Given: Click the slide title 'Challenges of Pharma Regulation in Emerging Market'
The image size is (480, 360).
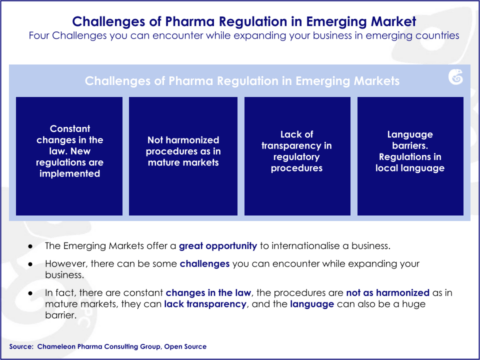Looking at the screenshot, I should click(x=240, y=21).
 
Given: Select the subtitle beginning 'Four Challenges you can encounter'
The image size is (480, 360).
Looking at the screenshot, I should click(x=240, y=38).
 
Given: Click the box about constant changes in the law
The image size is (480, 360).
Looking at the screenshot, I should click(x=70, y=155).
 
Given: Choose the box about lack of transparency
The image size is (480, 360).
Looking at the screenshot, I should click(x=297, y=155).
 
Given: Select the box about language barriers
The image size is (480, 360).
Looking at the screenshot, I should click(x=412, y=155).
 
